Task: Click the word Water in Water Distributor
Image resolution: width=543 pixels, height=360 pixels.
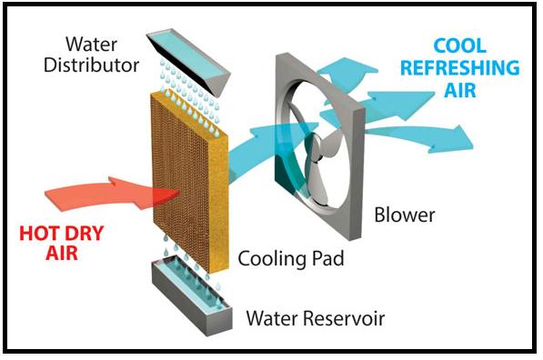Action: pos(92,45)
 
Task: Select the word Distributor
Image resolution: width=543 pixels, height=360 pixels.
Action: pos(92,65)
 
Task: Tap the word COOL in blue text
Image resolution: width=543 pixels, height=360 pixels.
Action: pos(459,46)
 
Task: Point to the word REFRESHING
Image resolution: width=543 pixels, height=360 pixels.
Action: pos(460,67)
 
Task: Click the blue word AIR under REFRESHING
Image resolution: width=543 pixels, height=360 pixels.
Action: pos(460,90)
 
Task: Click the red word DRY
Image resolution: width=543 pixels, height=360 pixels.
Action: pos(85,234)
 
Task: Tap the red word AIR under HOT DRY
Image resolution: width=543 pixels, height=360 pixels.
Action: pos(62,253)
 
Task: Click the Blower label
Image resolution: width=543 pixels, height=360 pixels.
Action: pos(404,215)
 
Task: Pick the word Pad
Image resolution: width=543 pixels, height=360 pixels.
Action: pos(328,258)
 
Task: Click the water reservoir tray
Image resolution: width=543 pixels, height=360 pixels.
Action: pos(192,296)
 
